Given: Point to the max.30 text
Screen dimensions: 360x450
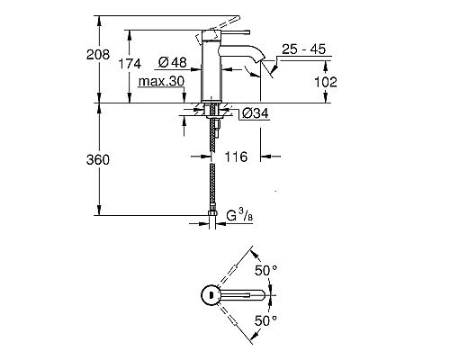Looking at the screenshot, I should (x=162, y=82).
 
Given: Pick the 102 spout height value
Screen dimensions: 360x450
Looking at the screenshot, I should (x=326, y=81).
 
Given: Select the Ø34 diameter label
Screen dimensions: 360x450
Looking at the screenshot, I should (x=255, y=114).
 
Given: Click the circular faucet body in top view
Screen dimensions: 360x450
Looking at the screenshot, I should (x=210, y=294).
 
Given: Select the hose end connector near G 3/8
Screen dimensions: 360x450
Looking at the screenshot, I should (x=214, y=215).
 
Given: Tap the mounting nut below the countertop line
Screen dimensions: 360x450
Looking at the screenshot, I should (x=214, y=113).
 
